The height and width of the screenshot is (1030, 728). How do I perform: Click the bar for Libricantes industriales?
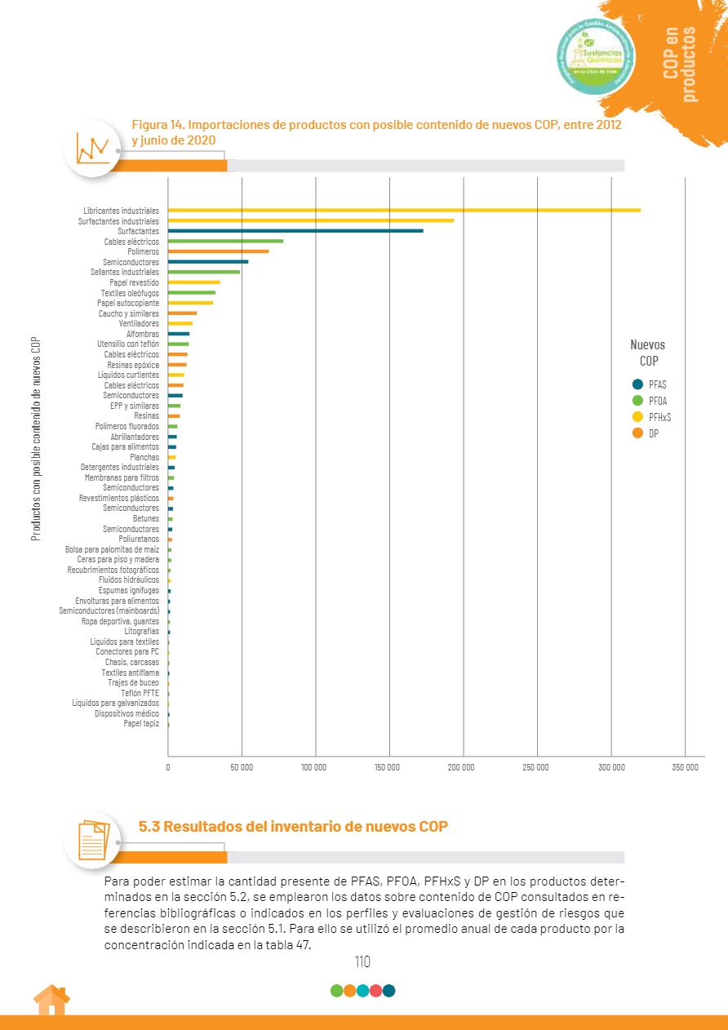point(404,211)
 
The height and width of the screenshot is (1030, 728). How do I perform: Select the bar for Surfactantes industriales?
point(310,220)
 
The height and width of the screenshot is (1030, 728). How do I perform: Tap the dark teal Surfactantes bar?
point(295,231)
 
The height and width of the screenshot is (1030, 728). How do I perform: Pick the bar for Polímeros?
point(218,251)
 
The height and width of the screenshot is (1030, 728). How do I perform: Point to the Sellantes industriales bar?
point(204,272)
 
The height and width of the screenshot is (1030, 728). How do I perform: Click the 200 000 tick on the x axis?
point(462,767)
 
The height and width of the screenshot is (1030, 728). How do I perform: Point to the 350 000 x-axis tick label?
point(685,767)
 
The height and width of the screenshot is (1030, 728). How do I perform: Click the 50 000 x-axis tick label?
point(242,767)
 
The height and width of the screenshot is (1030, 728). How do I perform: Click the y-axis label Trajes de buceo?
point(133,682)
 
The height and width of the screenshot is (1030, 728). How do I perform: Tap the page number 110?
point(363,961)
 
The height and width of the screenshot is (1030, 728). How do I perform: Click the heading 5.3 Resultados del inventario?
point(293,826)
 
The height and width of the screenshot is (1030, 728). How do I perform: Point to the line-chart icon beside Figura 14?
point(92,148)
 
